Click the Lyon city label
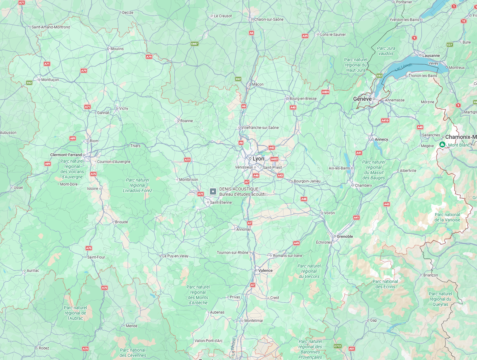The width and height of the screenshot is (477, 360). [x=258, y=159]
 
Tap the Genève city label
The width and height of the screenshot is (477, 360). [x=362, y=99]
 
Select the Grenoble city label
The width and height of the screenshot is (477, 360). [x=345, y=237]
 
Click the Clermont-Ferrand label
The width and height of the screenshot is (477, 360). [x=66, y=155]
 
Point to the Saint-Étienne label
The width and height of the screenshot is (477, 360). [x=221, y=203]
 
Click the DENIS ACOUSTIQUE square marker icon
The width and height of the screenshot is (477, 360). [x=213, y=191]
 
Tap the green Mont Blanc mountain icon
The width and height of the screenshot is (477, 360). [x=442, y=144]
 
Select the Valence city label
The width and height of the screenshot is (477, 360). [x=265, y=271]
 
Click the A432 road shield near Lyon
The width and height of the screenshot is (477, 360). [x=274, y=159]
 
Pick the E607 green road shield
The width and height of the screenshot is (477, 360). [x=194, y=44]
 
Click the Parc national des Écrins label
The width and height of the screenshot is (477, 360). [x=385, y=284]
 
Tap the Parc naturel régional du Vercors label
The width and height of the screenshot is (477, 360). [x=309, y=271]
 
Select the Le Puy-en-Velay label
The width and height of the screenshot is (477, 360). [x=175, y=256]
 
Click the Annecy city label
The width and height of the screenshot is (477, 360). [x=381, y=139]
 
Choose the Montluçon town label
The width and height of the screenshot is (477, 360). [x=50, y=80]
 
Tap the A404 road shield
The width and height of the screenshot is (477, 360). [x=325, y=92]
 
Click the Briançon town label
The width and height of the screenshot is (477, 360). [x=431, y=275]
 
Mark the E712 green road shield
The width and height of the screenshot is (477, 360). [x=338, y=346]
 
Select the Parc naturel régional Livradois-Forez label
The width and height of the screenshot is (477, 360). [x=138, y=185]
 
